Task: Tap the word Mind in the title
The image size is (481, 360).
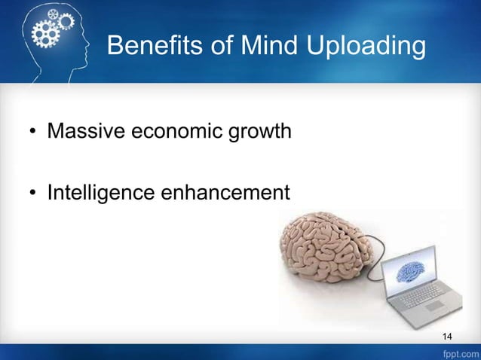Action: [272, 47]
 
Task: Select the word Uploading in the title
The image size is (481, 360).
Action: [366, 47]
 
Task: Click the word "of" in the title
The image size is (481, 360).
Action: [224, 47]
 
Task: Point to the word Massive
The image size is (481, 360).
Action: [86, 133]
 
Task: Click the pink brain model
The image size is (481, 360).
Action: [323, 248]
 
